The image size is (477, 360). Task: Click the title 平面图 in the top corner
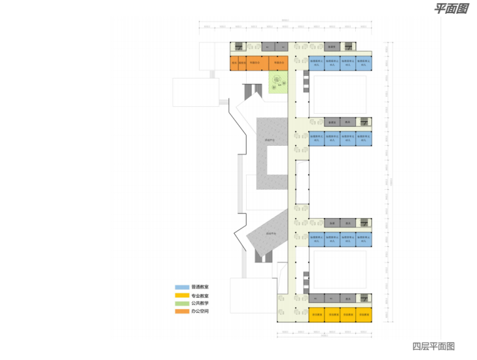(x=450, y=9)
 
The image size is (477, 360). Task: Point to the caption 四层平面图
(x=433, y=346)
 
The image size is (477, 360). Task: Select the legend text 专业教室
(x=201, y=295)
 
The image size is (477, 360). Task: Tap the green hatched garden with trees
(x=279, y=82)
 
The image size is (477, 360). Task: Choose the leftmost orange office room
(x=234, y=63)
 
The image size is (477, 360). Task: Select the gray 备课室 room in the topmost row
(x=331, y=47)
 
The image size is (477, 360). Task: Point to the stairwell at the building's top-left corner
(x=238, y=46)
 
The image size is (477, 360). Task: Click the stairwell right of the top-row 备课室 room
(x=348, y=47)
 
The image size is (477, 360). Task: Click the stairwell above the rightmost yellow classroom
(x=363, y=298)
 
